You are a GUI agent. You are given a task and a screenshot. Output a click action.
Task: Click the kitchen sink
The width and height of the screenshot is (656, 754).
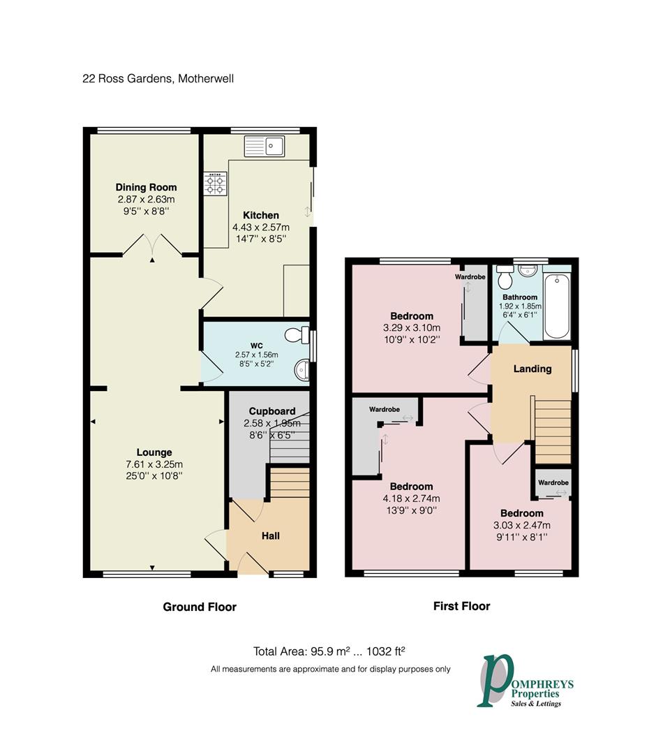point(264,146)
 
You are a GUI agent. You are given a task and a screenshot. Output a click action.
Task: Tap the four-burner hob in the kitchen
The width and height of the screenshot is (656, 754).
point(216,184)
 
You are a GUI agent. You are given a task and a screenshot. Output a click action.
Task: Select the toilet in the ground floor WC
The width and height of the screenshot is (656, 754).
point(297,335)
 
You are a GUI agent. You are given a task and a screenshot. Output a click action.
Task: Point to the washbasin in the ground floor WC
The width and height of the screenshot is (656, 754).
point(301,370)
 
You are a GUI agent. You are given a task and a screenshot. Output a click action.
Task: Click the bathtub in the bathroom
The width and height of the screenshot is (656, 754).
point(557,306)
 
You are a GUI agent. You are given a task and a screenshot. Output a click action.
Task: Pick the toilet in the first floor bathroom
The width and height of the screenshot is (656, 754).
point(505,276)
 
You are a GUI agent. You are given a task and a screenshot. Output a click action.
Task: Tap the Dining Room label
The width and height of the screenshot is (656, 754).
point(146,187)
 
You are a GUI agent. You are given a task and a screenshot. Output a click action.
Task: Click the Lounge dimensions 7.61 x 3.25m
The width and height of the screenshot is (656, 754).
point(154,464)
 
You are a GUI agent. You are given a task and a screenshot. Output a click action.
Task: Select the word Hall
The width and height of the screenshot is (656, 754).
point(271,535)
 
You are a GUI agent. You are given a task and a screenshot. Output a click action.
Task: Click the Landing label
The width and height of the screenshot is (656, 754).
point(532,369)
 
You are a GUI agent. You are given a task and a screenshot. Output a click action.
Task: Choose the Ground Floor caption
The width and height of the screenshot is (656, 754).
point(200,607)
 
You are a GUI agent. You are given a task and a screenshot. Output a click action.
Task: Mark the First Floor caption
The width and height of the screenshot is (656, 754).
point(461,606)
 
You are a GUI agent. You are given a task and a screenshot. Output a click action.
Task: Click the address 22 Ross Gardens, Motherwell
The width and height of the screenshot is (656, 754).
point(158,78)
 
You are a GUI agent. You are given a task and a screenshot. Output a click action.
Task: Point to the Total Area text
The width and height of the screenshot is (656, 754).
point(329,651)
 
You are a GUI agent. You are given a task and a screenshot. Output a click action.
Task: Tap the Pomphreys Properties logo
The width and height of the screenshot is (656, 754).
point(525,681)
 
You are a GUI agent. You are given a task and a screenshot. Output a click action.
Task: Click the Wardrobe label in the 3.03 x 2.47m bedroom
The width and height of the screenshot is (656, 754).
point(553,482)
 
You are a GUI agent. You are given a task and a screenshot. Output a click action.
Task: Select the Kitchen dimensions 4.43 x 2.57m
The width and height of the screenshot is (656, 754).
point(261,227)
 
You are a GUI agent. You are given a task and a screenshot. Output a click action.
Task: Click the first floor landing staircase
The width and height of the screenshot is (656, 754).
point(551,429)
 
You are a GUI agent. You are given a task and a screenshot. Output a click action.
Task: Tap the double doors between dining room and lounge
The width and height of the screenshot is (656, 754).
point(152,244)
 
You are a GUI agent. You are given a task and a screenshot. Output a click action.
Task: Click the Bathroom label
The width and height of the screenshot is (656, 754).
point(520,297)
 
